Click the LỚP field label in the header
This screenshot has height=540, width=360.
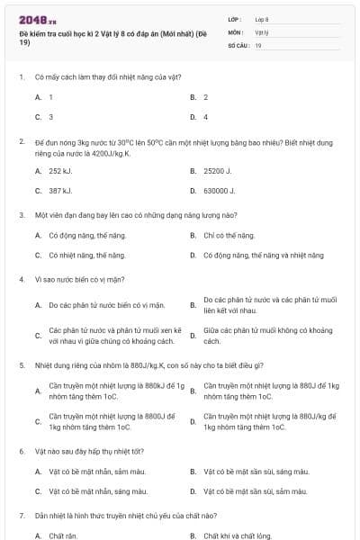pos(234,18)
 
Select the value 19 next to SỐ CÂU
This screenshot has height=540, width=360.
pos(258,45)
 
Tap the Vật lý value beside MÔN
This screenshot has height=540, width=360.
pos(262,31)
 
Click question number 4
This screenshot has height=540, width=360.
pos(21,279)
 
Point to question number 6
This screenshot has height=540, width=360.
pos(21,449)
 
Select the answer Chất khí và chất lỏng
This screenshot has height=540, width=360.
pos(238,535)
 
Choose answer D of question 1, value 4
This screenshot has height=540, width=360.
pos(205,117)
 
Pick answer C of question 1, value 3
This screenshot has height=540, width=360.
pos(50,117)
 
